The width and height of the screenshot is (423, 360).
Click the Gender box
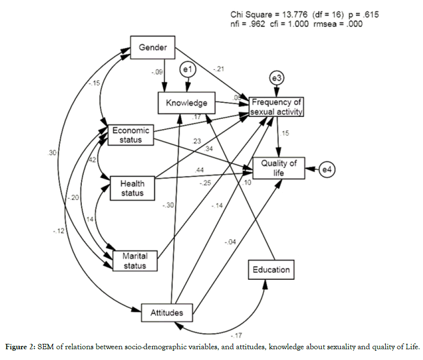click(153, 47)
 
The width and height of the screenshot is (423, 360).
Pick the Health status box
click(132, 188)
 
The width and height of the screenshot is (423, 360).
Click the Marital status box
click(137, 261)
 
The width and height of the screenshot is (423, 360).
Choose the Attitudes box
click(167, 313)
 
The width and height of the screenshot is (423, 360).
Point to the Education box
click(271, 269)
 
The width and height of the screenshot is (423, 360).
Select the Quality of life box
click(279, 168)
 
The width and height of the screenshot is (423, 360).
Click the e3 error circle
click(277, 78)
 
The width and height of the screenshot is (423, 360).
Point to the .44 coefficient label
click(199, 169)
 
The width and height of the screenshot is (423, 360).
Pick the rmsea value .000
click(352, 24)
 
